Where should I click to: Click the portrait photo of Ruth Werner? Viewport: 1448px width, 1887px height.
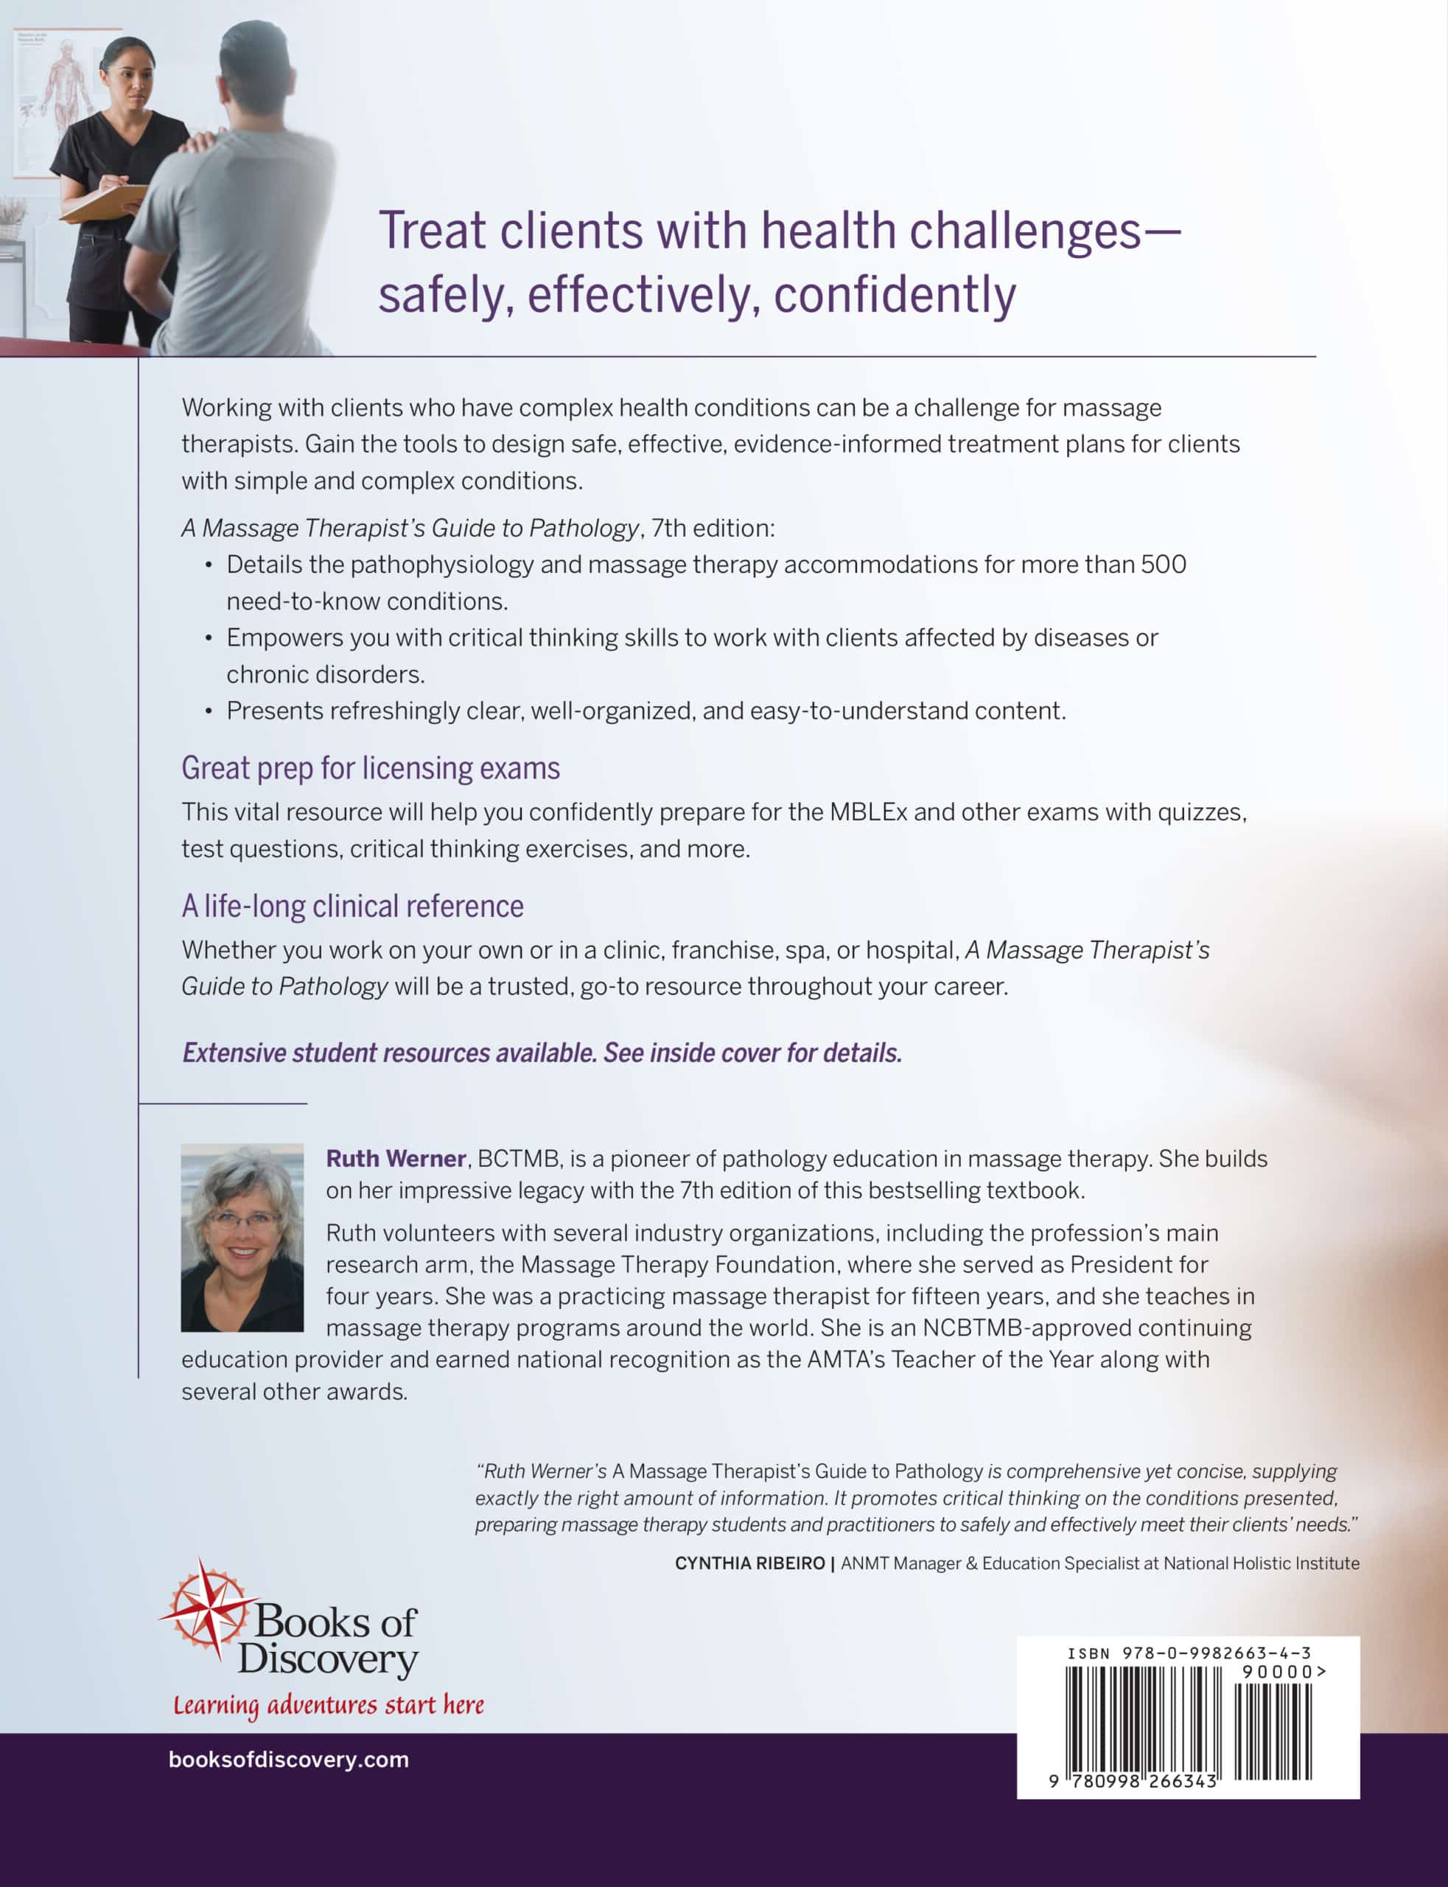(242, 1237)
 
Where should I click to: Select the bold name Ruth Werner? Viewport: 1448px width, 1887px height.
(396, 1159)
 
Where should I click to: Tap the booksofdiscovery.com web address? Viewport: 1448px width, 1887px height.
(289, 1759)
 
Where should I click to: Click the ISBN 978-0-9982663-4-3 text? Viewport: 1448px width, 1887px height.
(1189, 1653)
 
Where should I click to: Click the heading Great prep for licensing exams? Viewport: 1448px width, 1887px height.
(371, 768)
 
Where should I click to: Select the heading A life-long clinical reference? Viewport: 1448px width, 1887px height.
(352, 906)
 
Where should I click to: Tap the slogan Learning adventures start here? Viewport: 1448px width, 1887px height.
(329, 1705)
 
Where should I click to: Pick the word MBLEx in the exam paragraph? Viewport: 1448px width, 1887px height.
(868, 812)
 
